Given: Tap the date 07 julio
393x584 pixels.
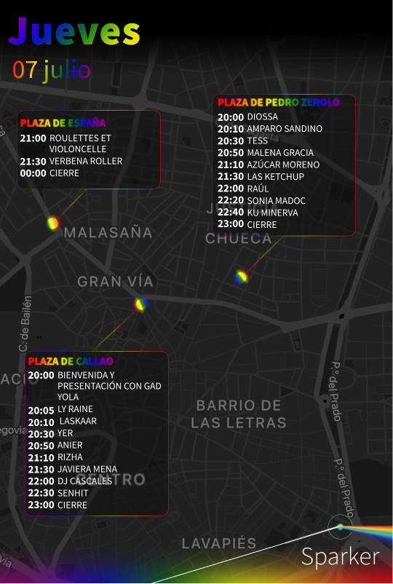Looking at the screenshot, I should click(x=51, y=71).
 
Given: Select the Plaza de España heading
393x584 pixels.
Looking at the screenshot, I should click(x=63, y=123).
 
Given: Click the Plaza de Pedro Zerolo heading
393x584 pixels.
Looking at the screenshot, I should click(x=278, y=103).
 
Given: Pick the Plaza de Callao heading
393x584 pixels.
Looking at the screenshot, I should click(x=71, y=361).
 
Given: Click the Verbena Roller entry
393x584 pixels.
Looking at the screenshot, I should click(x=86, y=161).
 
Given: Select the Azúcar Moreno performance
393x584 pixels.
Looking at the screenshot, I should click(x=283, y=165).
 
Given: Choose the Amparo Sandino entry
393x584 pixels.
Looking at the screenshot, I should click(x=285, y=129).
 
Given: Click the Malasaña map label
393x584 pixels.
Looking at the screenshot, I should click(x=108, y=233).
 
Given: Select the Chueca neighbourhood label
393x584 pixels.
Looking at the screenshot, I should click(x=238, y=239).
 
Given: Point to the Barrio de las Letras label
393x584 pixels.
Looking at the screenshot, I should click(x=239, y=414).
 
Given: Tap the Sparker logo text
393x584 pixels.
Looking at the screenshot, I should click(x=340, y=557).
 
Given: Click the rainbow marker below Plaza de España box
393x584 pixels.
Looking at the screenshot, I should click(x=52, y=223).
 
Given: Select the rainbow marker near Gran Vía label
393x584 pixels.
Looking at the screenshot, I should click(x=141, y=304).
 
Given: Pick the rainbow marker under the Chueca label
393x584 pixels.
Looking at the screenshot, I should click(x=241, y=277).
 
